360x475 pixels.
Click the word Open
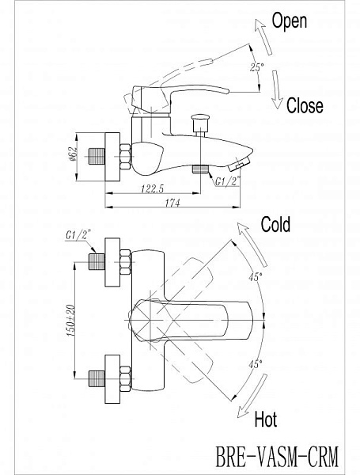tap(290, 22)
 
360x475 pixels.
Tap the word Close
tap(305, 105)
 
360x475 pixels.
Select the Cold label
tap(275, 224)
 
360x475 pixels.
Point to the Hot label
tap(266, 419)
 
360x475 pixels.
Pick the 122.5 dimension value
tap(152, 188)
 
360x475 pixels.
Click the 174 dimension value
tap(172, 203)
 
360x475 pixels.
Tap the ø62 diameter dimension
tap(73, 154)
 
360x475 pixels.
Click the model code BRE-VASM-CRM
tap(277, 457)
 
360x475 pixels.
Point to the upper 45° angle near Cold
tap(256, 276)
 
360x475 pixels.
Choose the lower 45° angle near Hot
tap(256, 364)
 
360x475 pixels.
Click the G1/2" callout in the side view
tap(228, 180)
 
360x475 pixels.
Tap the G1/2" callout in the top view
tap(78, 235)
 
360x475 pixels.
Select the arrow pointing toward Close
tap(277, 89)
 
